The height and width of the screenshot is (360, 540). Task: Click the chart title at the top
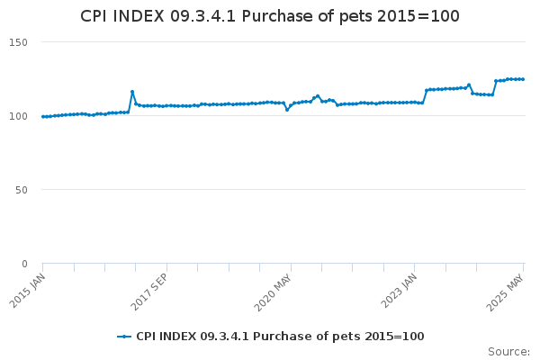(270, 16)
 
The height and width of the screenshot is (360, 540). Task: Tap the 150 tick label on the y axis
(18, 42)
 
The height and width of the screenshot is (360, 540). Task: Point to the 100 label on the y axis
(18, 116)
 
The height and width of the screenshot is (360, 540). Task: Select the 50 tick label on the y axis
(22, 190)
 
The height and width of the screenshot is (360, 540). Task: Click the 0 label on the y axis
(24, 264)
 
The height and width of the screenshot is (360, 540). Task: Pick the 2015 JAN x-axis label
(27, 291)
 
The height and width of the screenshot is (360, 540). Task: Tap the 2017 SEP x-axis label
(149, 292)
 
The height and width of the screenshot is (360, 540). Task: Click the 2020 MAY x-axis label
(273, 292)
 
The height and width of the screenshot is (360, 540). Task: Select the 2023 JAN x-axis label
(399, 291)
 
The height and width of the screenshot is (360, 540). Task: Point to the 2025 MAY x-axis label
(505, 292)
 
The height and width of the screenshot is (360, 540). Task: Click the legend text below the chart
(280, 337)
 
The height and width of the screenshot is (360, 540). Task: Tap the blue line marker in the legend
(124, 337)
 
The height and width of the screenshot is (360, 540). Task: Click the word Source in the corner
(508, 352)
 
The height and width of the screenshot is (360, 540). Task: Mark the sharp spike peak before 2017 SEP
(132, 92)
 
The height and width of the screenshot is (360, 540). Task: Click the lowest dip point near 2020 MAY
(287, 110)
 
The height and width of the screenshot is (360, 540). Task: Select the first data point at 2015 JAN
(43, 117)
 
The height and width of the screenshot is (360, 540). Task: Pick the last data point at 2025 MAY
(523, 79)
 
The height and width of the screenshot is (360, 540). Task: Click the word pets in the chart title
(356, 16)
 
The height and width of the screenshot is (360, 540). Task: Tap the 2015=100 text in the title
(418, 16)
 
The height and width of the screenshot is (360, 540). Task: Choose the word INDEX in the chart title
(139, 16)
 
